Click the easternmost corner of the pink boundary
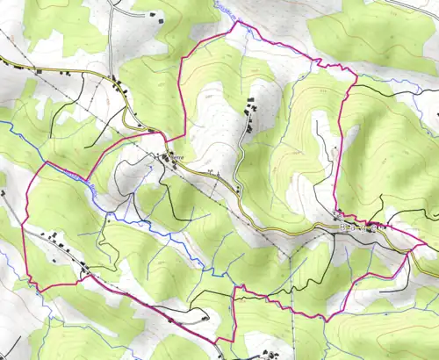tap(413, 249)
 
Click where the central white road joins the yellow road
tap(238, 190)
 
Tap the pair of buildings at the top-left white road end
tap(155, 15)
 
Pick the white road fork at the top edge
tap(113, 7)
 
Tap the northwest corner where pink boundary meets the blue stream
tap(47, 162)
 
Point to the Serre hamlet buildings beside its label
tap(163, 158)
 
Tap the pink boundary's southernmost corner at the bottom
tap(219, 342)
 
